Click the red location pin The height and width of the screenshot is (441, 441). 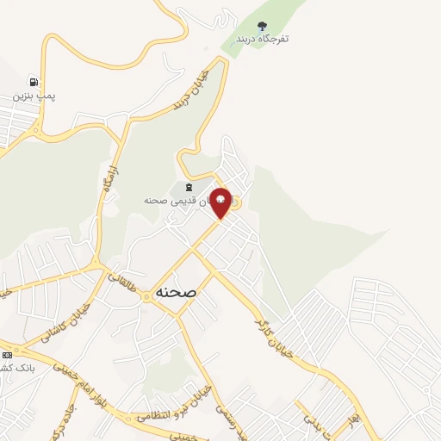tap(220, 202)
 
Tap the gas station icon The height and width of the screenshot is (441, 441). tap(33, 82)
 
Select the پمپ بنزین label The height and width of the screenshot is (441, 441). tap(34, 96)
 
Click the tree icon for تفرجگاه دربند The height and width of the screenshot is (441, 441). tap(263, 26)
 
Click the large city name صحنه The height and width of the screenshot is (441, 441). tap(176, 292)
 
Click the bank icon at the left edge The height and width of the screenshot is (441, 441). tap(6, 354)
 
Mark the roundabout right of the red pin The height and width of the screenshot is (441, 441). tap(237, 202)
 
